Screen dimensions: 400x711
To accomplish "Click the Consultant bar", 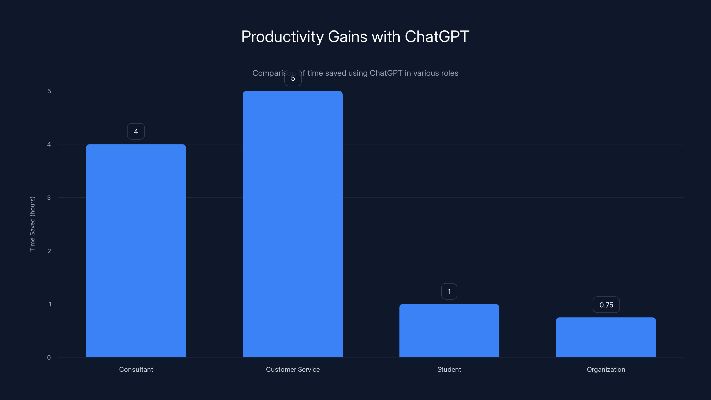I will click(x=136, y=251).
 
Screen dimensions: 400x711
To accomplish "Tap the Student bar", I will click(x=449, y=330).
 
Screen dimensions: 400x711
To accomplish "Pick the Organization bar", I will click(x=606, y=337).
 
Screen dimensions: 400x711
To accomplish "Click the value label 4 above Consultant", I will click(x=136, y=131).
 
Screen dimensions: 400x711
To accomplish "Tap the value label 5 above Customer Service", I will click(x=293, y=78).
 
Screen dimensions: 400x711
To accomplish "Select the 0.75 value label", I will click(x=606, y=305).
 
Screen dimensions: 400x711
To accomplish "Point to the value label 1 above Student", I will click(x=449, y=292).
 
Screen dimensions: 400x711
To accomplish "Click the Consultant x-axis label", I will click(x=136, y=369).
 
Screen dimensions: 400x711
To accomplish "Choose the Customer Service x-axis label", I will click(x=293, y=369).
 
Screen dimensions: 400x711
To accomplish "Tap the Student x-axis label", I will click(x=449, y=369).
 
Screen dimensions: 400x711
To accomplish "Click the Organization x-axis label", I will click(x=606, y=369).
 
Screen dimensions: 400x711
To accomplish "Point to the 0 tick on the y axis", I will click(x=49, y=358).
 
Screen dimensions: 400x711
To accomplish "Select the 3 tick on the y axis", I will click(x=49, y=198).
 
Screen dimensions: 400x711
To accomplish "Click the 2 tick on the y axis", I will click(x=49, y=251).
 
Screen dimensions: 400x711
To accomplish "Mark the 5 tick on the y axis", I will click(x=49, y=91).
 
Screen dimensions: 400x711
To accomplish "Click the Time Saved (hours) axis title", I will click(x=32, y=224).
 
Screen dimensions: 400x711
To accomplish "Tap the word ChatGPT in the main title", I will click(x=437, y=36).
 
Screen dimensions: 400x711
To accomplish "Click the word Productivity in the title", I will click(x=282, y=37).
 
